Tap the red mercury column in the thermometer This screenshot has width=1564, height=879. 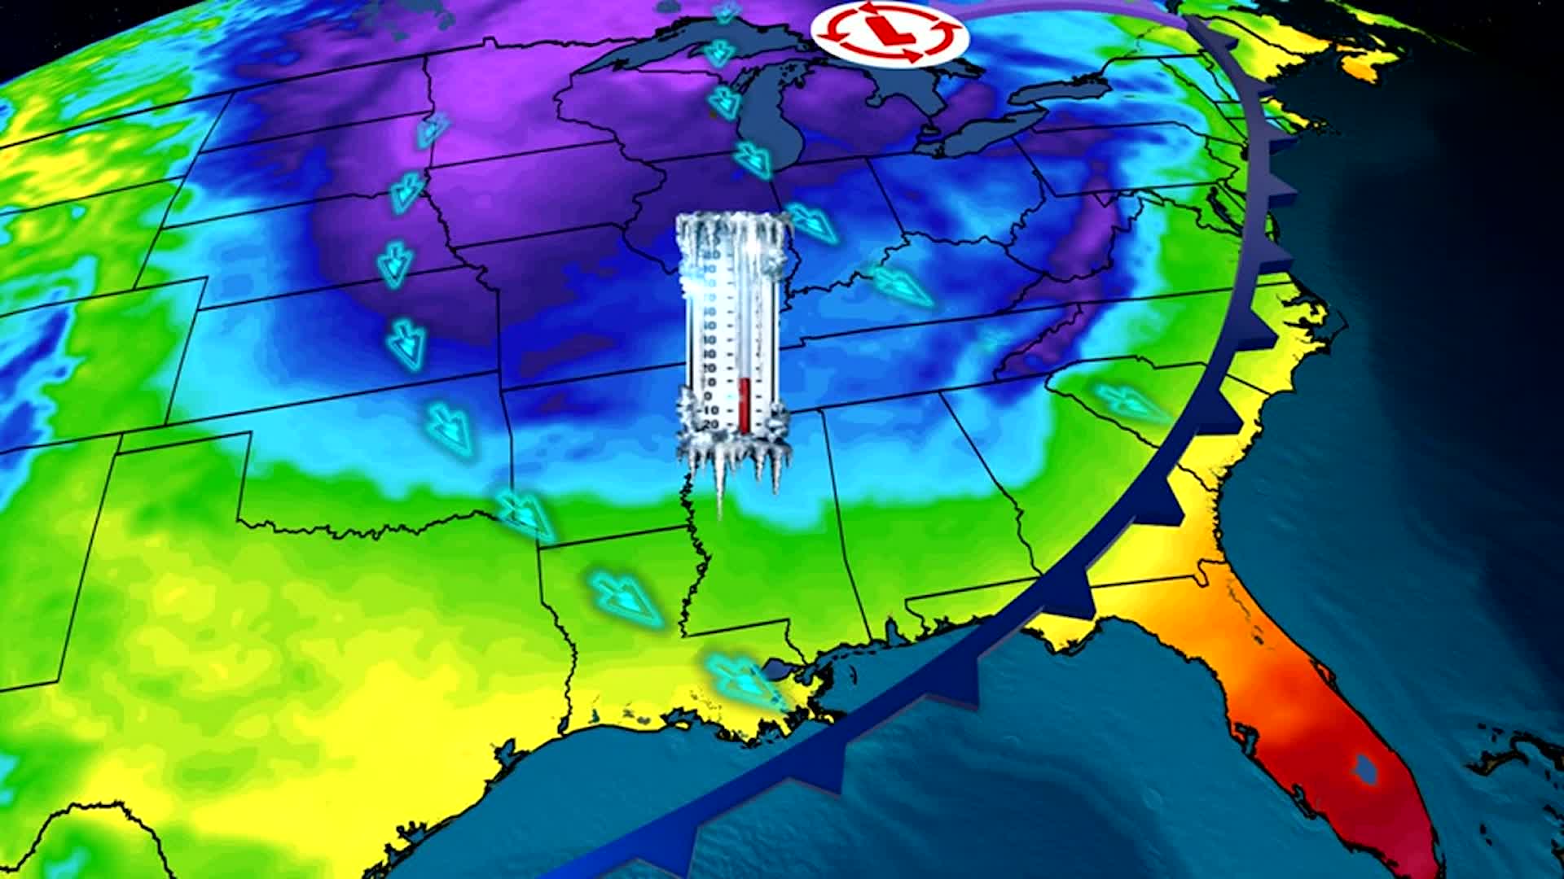744,405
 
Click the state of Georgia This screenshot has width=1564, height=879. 1075,505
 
